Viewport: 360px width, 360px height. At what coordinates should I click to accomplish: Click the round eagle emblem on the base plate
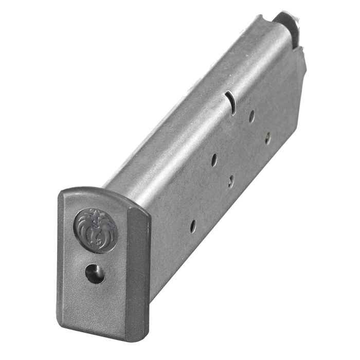tap(95, 229)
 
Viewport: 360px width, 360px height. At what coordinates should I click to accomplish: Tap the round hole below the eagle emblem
tap(95, 273)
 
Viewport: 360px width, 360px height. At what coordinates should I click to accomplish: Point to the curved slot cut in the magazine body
tap(230, 101)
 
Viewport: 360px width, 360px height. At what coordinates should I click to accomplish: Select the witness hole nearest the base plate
tap(192, 226)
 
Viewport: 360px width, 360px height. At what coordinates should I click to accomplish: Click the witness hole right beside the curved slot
tap(251, 116)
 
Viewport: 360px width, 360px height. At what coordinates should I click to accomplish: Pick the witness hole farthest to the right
tap(267, 138)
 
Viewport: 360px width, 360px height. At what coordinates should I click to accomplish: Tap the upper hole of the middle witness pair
tap(214, 160)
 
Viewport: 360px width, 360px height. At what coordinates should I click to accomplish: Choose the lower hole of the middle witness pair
tap(231, 181)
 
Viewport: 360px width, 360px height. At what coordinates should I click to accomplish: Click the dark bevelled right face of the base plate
tap(137, 267)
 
